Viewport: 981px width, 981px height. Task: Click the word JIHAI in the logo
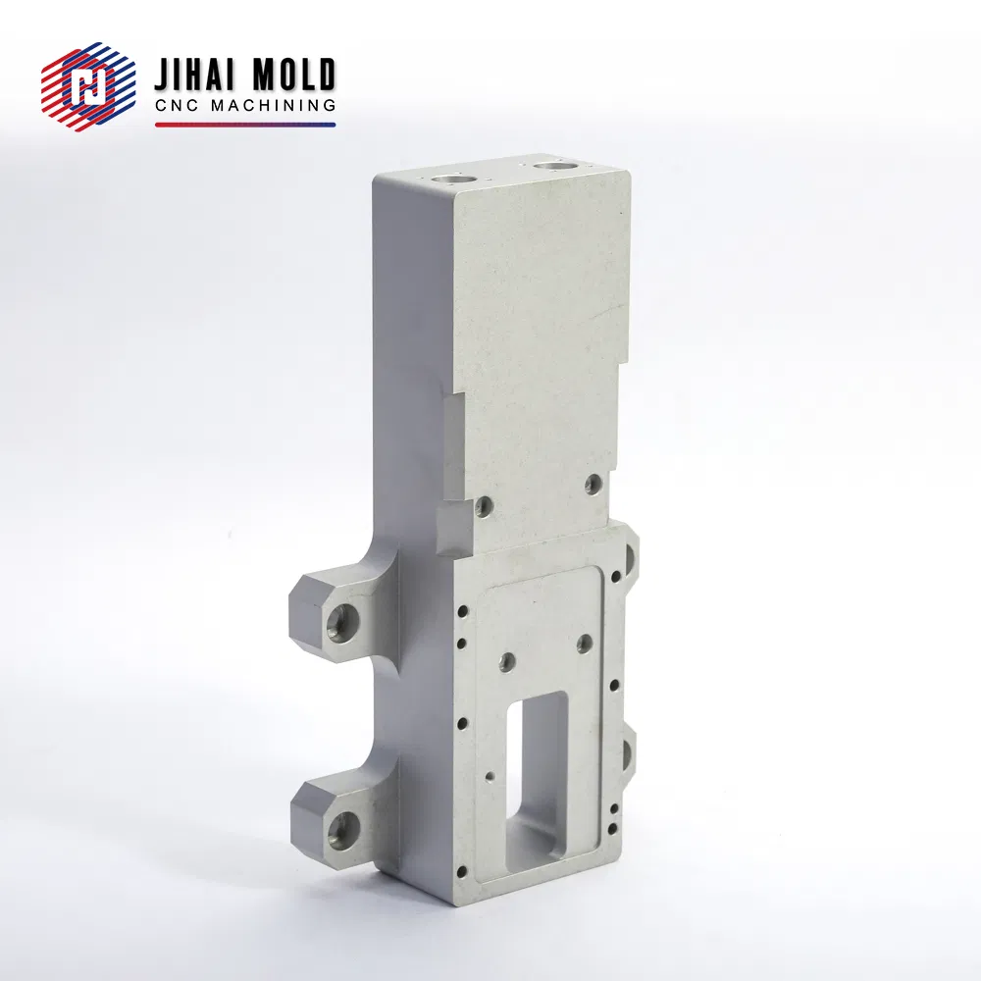[x=194, y=75]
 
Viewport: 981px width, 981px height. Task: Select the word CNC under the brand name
[x=177, y=105]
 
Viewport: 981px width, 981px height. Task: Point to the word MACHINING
[x=274, y=105]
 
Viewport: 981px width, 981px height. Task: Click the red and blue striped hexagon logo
[x=88, y=86]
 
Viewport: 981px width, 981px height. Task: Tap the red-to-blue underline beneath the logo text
[x=245, y=125]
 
